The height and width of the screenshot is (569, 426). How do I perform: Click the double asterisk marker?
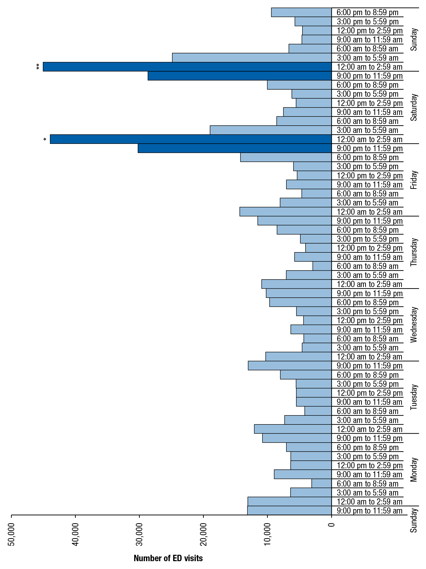[x=38, y=67]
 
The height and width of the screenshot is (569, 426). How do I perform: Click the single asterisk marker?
[x=45, y=139]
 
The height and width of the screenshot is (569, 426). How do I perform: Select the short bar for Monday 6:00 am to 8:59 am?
[x=321, y=484]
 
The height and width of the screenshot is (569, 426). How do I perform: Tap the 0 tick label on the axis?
[x=332, y=524]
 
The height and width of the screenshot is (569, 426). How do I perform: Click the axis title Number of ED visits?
[x=168, y=558]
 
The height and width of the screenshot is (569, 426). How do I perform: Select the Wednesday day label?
[x=413, y=325]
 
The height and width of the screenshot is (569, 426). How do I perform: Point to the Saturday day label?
[x=413, y=108]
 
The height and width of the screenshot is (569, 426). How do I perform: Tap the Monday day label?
[x=413, y=470]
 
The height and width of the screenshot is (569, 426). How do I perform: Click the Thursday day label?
[x=413, y=252]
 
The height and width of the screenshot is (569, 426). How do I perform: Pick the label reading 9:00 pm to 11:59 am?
[x=369, y=511]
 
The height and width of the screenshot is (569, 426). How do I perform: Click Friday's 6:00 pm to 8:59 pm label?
[x=367, y=157]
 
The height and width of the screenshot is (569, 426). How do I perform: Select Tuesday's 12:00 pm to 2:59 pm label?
[x=369, y=393]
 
